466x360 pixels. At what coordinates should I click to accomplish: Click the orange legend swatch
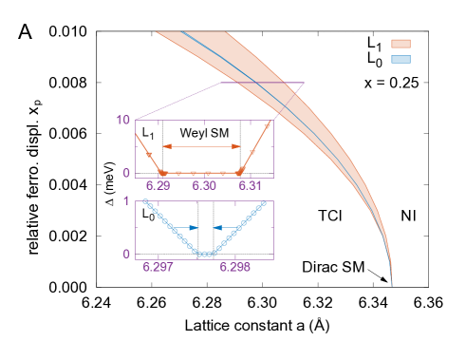(401, 44)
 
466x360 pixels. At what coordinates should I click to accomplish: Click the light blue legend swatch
(401, 59)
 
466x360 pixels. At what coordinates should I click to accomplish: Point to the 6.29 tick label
(158, 185)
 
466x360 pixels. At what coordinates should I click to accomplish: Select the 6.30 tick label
(204, 185)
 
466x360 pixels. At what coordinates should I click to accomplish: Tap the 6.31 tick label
(251, 185)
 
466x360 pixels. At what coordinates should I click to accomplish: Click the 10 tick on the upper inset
(123, 121)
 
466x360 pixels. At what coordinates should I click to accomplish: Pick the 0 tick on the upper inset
(127, 174)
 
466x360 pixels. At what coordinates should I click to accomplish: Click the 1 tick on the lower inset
(126, 201)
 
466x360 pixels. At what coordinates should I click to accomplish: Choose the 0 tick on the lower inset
(126, 255)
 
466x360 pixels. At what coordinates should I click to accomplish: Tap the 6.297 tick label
(158, 267)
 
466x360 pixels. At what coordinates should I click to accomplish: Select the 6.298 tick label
(235, 267)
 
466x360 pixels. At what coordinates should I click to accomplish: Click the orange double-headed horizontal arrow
(202, 146)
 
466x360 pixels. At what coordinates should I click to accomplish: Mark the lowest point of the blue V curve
(204, 255)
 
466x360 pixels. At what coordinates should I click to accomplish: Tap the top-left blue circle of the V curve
(144, 201)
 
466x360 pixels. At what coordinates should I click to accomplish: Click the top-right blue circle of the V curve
(264, 202)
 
